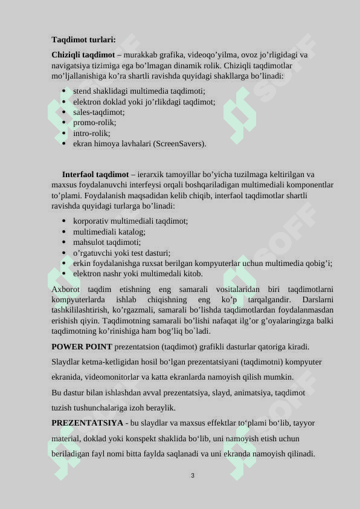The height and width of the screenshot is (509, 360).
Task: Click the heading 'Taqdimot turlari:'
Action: [x=83, y=39]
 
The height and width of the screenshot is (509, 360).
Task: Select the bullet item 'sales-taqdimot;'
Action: [x=99, y=112]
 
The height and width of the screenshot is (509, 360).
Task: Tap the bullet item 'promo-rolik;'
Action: [x=95, y=122]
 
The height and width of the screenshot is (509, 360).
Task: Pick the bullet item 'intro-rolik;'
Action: [x=92, y=133]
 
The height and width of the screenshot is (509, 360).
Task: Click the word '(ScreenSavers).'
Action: [x=179, y=144]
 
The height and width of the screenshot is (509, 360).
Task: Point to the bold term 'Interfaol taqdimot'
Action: [x=95, y=174]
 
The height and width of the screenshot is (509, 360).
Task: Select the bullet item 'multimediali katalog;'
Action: [x=109, y=232]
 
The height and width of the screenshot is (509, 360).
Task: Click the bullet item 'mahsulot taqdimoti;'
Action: [x=107, y=242]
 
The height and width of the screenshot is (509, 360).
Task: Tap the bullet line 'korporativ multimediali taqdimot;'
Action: [x=130, y=221]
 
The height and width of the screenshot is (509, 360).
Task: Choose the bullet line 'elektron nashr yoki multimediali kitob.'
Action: [x=138, y=273]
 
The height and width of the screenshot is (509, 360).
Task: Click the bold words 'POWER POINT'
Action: [x=82, y=346]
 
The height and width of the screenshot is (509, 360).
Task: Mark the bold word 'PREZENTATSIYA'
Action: [x=87, y=423]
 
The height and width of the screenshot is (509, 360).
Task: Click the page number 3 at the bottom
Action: [x=192, y=476]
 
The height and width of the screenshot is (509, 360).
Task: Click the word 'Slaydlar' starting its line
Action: [x=66, y=361]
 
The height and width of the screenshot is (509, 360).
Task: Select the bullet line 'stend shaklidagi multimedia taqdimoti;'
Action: [x=139, y=91]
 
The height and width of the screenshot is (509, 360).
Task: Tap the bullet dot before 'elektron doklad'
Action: [x=64, y=102]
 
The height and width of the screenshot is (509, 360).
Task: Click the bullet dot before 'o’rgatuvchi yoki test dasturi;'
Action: [x=64, y=253]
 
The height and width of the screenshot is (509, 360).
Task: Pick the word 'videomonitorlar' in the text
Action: [x=115, y=377]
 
